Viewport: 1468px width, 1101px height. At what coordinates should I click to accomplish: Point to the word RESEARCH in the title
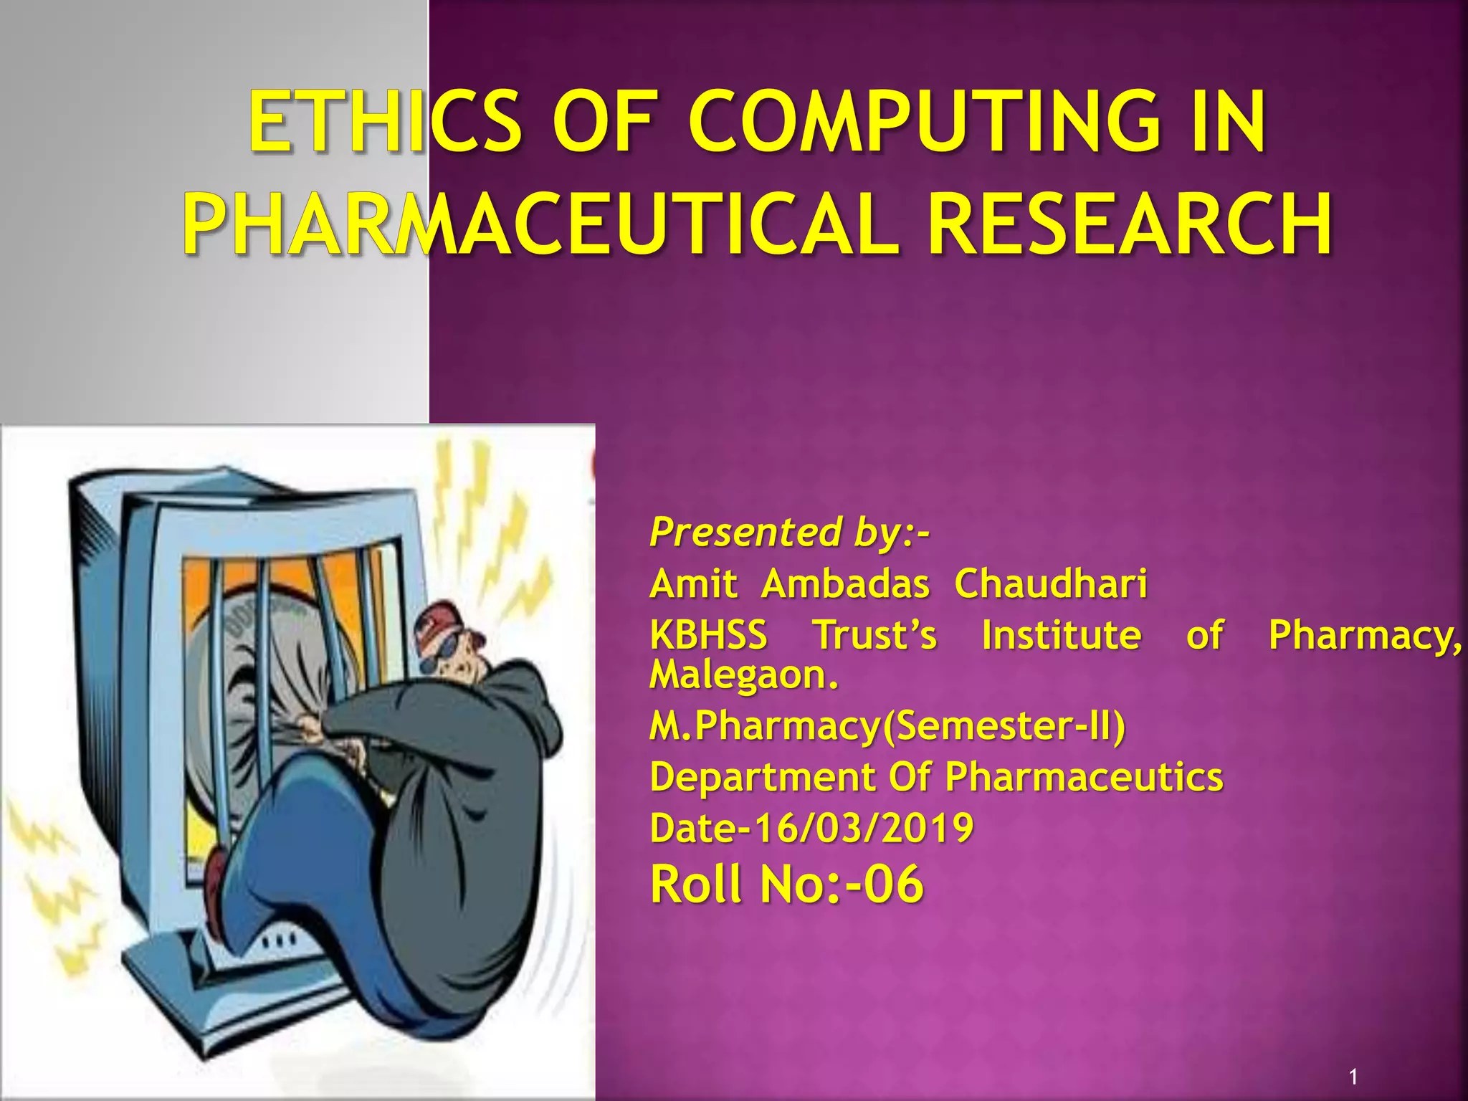click(x=1130, y=224)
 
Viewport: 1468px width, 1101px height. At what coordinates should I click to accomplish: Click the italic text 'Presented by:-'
click(x=788, y=533)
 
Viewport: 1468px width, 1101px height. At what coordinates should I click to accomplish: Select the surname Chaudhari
click(x=1050, y=584)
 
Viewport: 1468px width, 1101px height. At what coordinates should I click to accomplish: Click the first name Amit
click(x=693, y=584)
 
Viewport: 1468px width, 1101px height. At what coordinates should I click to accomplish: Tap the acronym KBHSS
click(x=708, y=635)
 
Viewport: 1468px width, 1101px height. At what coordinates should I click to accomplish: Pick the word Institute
click(x=1061, y=635)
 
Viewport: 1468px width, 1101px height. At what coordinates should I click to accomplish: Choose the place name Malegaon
click(x=743, y=675)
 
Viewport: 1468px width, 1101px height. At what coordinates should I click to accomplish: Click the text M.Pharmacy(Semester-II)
click(x=887, y=726)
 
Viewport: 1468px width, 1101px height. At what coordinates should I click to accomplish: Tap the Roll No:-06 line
click(x=786, y=884)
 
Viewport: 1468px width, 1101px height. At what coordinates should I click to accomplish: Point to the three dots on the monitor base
click(x=280, y=939)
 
